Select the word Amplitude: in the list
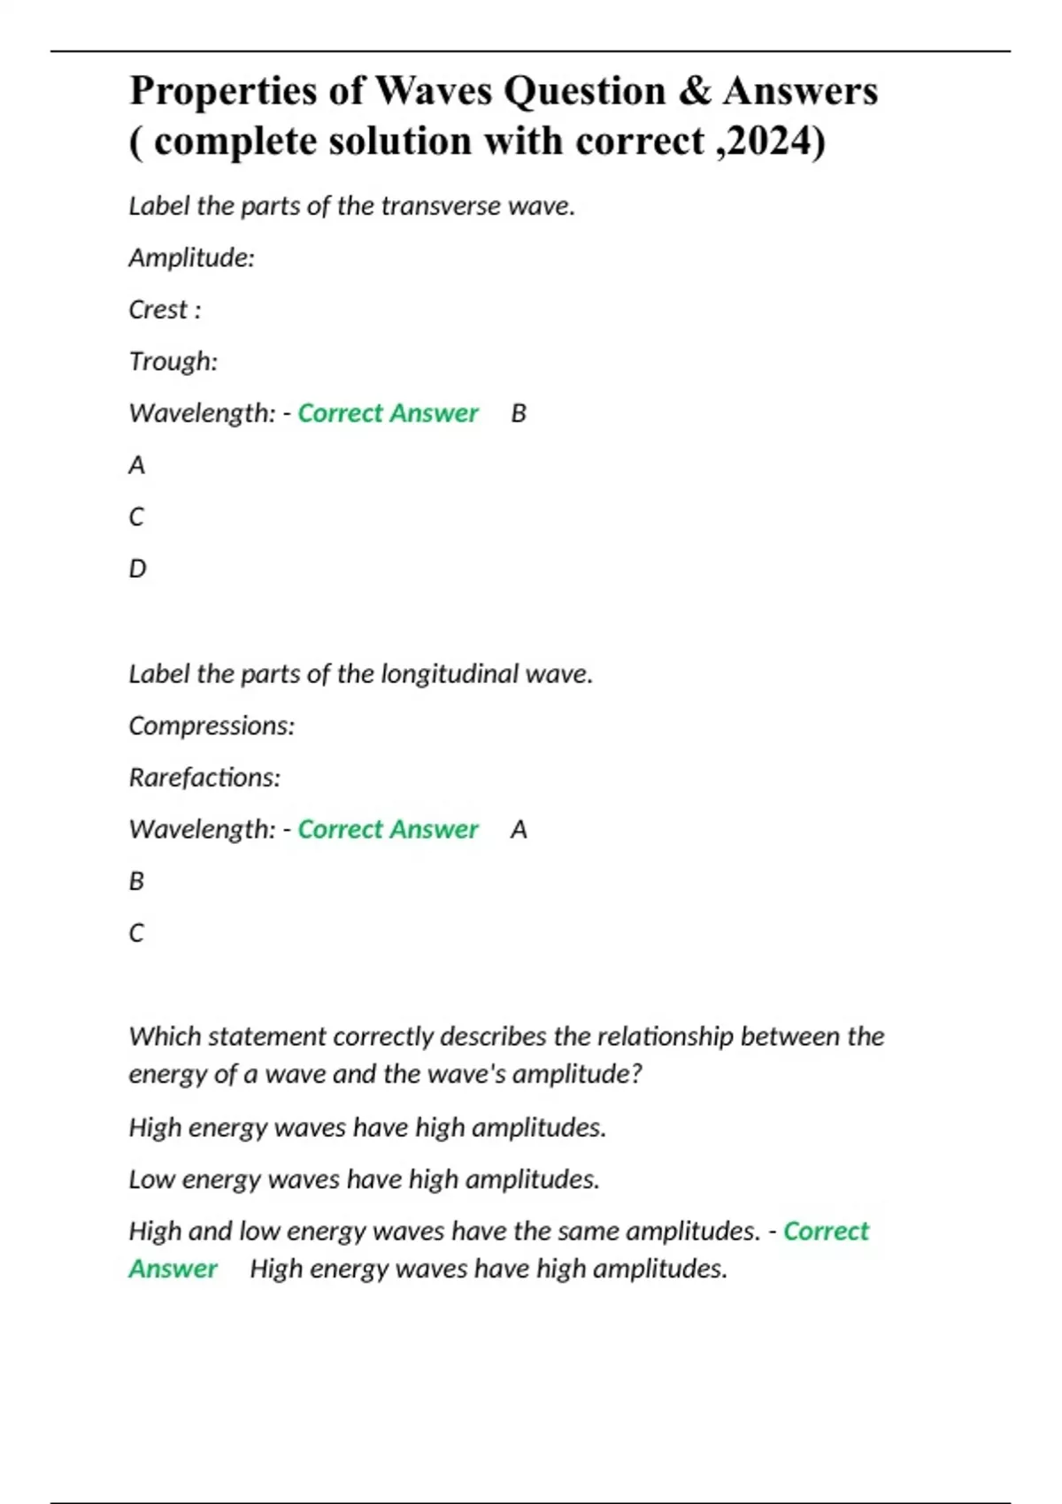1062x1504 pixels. click(x=191, y=258)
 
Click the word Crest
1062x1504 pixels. click(x=158, y=310)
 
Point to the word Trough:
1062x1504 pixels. click(x=173, y=361)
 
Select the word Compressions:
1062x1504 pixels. click(x=212, y=726)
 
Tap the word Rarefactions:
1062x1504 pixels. click(x=204, y=778)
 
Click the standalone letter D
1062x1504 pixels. click(x=137, y=569)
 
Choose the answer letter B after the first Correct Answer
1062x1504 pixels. click(x=519, y=413)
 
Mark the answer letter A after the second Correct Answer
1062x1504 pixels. click(x=519, y=830)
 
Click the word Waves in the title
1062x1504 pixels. click(x=433, y=91)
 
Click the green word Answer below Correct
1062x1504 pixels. click(x=173, y=1269)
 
